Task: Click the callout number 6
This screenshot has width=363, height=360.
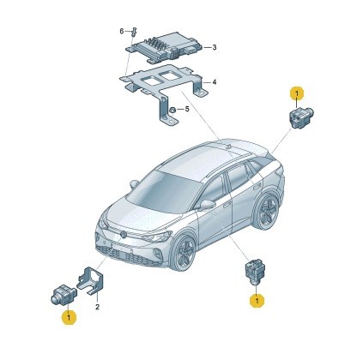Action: (122, 31)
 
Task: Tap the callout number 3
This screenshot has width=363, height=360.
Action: (215, 47)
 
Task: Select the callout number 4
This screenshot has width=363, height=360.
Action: (215, 82)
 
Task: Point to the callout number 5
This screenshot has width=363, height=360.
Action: (187, 109)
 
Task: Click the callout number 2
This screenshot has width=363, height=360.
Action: (97, 307)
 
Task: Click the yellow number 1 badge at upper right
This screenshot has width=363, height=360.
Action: (297, 93)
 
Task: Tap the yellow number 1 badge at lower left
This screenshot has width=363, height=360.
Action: (69, 317)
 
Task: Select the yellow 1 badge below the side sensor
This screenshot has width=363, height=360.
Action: (257, 301)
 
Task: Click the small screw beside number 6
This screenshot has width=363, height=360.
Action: (135, 32)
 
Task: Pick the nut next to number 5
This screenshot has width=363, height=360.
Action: (172, 110)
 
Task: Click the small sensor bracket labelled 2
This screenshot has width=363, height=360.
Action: (90, 280)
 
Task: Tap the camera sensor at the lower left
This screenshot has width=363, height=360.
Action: (62, 294)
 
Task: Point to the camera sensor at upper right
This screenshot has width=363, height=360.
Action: (299, 117)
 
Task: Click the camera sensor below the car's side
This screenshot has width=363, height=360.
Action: (255, 270)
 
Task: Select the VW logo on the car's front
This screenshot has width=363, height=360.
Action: (124, 234)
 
